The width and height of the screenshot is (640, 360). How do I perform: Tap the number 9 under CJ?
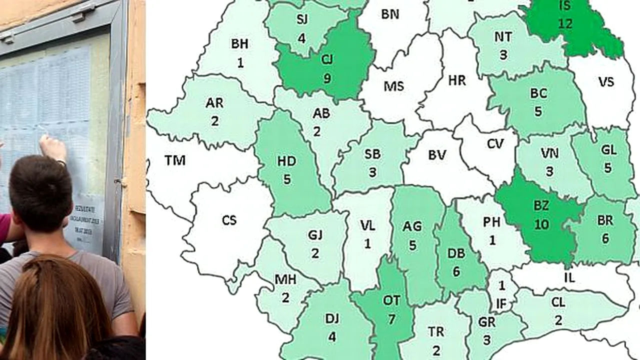pos(327,78)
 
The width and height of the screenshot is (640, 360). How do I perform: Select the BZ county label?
pos(541,205)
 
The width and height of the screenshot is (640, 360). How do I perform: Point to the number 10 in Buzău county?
pos(541,224)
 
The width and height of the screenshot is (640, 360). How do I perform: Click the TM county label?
pos(175,160)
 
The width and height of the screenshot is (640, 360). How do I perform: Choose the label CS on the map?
pos(229,220)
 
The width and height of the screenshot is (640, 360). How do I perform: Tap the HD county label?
pos(286,161)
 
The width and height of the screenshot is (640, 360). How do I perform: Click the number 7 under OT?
pos(391,318)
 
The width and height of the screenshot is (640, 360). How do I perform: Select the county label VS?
pos(606,81)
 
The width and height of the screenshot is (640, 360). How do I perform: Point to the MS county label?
pos(393,86)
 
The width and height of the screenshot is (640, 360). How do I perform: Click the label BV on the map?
pos(437,155)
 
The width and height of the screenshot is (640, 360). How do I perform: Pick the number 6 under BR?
pos(605,238)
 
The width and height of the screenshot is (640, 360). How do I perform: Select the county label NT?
pos(502,36)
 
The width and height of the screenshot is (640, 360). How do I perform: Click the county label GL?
pos(608,149)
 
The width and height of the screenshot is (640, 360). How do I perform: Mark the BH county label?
pos(239,43)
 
